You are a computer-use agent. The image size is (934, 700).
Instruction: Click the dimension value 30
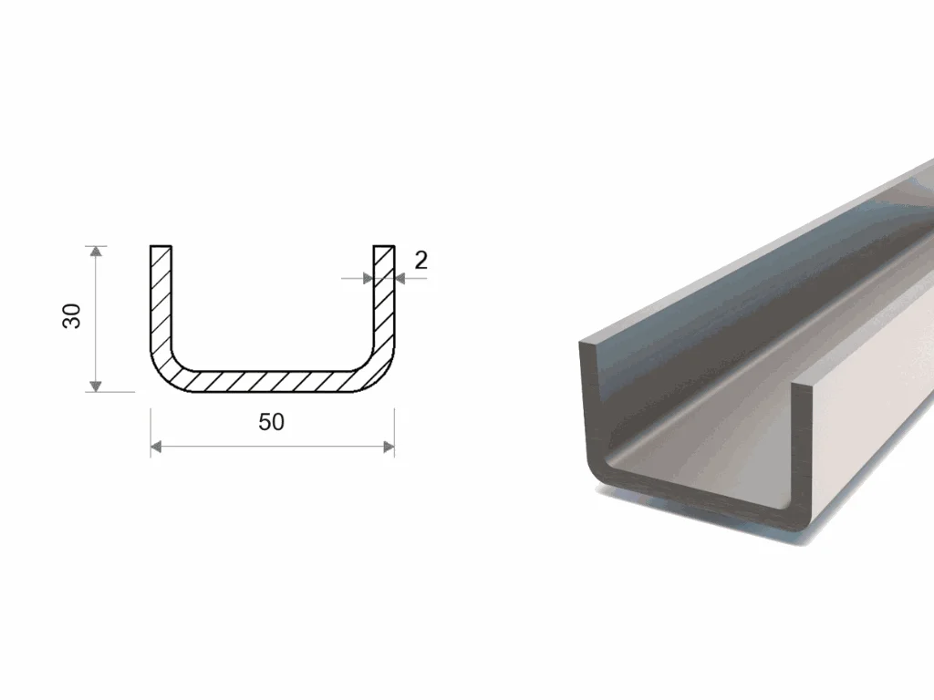point(71,316)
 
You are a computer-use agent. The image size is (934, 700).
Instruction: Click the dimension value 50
point(271,422)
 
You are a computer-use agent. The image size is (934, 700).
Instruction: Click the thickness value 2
point(420,260)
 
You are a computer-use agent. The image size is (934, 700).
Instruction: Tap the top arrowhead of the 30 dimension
point(95,252)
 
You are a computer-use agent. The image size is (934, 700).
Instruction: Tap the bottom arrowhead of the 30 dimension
point(95,386)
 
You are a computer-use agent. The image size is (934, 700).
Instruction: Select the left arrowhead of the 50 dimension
point(156,447)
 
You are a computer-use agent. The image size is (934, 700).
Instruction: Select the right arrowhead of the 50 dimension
point(389,447)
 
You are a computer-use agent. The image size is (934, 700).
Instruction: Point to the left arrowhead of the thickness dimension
point(368,278)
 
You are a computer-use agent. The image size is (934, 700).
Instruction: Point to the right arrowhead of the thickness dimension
point(400,278)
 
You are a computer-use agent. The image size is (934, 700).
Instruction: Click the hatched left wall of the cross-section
point(161,298)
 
